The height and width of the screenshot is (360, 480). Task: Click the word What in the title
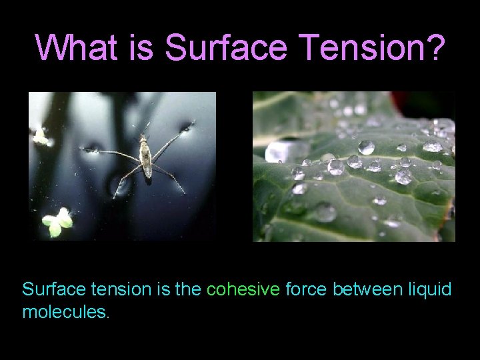click(69, 47)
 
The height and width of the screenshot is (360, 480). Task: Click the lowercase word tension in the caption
click(112, 290)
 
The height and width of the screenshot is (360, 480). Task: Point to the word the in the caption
click(189, 290)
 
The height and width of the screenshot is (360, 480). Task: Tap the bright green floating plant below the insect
click(58, 223)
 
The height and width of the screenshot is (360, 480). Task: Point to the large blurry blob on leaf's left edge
click(278, 151)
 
